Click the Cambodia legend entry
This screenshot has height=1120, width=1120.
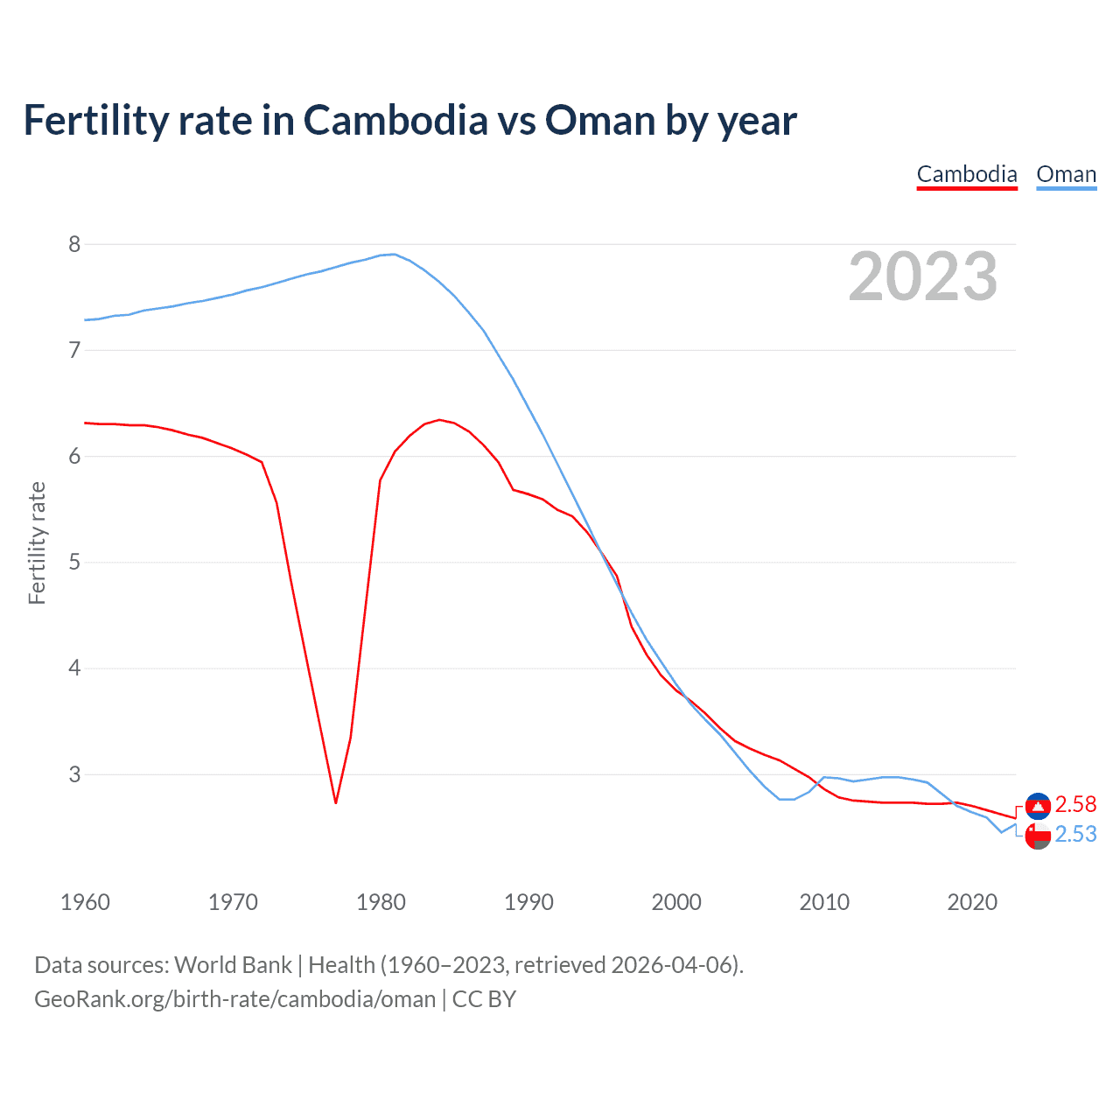coord(967,174)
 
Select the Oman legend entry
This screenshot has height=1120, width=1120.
coord(1066,174)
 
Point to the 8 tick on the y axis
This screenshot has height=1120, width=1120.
coord(74,244)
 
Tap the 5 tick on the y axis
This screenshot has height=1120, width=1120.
coord(74,562)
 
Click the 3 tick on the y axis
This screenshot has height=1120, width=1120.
coord(74,774)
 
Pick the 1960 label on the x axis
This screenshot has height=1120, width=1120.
coord(85,902)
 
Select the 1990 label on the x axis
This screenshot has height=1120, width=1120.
coord(528,902)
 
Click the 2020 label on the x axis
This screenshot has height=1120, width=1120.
coord(972,902)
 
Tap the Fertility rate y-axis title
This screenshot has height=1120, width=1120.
coord(37,542)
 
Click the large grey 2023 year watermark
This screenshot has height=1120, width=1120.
coord(922,276)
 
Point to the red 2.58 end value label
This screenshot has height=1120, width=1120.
coord(1075,804)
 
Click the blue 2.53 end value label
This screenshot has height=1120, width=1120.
coord(1075,835)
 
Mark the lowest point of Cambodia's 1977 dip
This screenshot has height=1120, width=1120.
coord(336,802)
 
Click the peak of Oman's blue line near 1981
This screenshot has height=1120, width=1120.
coord(395,254)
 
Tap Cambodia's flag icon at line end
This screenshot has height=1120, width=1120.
coord(1038,805)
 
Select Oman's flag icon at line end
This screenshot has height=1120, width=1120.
coord(1038,836)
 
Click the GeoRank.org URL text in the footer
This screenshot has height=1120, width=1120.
coord(234,999)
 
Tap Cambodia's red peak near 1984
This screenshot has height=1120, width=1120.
coord(439,420)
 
